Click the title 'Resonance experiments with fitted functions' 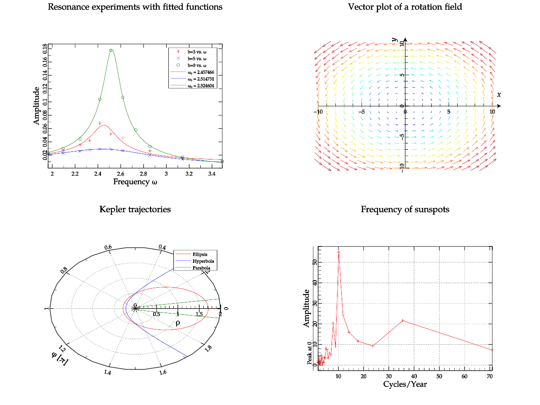135,7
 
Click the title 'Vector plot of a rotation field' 405,7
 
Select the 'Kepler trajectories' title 135,210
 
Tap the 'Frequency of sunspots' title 405,210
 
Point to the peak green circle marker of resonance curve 111,51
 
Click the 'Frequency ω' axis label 135,182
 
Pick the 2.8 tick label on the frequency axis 143,174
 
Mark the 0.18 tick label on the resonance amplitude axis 45,49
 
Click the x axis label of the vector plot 499,94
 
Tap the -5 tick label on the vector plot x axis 362,112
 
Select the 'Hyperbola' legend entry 203,261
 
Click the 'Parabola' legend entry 201,268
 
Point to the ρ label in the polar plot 178,323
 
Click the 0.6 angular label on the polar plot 108,247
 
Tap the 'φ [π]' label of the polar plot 59,358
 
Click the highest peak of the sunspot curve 338,252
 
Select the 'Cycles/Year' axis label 405,384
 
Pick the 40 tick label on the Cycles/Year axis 414,376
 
